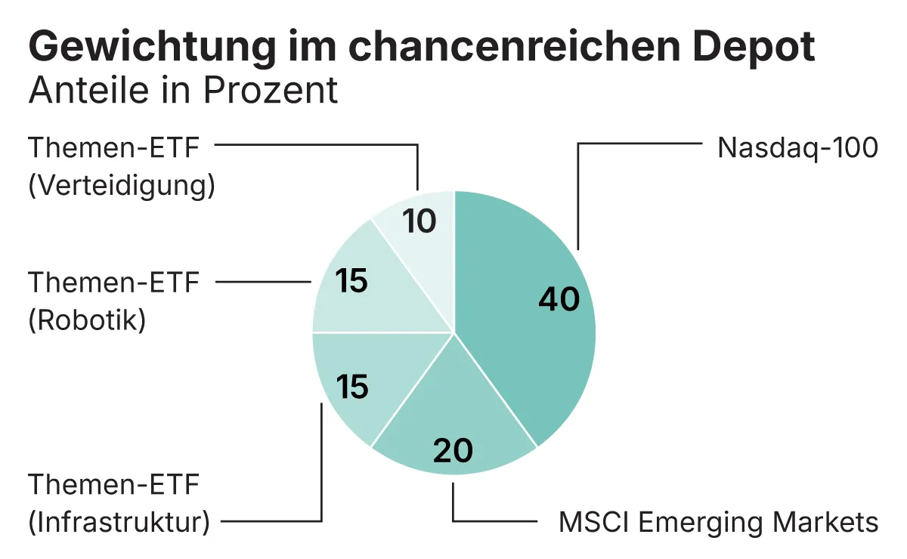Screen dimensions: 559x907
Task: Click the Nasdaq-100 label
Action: click(797, 147)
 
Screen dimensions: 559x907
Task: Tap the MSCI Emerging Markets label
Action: click(718, 521)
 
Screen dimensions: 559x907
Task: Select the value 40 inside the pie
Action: click(559, 299)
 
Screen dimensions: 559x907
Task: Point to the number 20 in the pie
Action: click(453, 451)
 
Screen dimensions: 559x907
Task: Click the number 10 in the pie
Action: click(419, 221)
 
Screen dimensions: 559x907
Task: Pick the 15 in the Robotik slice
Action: click(351, 281)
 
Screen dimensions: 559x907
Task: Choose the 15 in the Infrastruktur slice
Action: click(351, 387)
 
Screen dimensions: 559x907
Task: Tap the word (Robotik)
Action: click(86, 320)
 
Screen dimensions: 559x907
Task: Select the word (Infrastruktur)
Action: click(118, 521)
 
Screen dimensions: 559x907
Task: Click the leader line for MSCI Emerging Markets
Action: click(491, 521)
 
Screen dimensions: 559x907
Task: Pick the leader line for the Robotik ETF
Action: click(265, 281)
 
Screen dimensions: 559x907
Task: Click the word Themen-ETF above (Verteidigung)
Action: click(113, 147)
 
